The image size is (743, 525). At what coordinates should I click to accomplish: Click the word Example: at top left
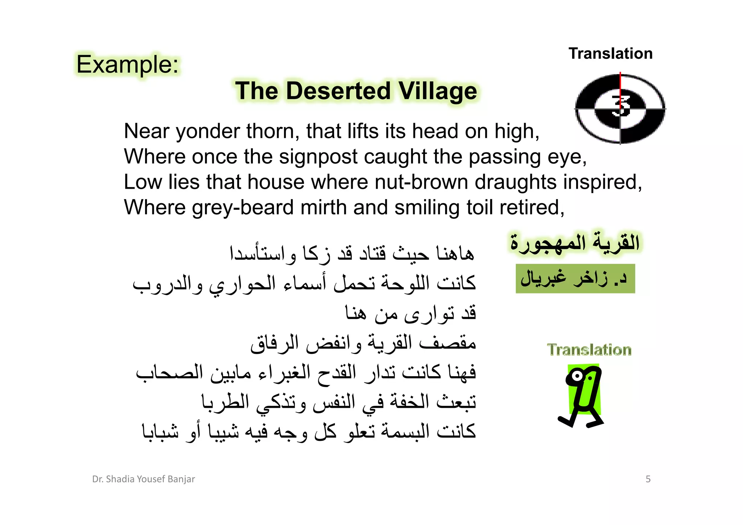[127, 65]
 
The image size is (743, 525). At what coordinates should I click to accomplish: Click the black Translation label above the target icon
[611, 54]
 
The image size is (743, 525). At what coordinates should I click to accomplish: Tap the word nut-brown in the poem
[421, 182]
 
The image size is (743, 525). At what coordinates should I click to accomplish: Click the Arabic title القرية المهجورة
[575, 242]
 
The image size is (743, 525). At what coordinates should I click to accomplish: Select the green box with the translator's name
[575, 279]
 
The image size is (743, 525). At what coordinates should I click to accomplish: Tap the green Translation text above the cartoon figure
[589, 350]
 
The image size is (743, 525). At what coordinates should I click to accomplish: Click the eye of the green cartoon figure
[576, 376]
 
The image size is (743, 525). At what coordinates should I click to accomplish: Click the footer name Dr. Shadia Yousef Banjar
[143, 479]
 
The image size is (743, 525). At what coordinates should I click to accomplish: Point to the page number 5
[648, 479]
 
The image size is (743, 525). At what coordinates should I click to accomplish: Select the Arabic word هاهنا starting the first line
[455, 253]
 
